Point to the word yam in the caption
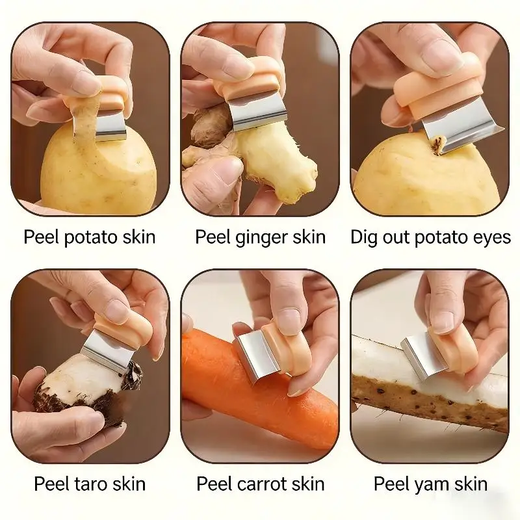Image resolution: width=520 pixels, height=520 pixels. [x=431, y=485]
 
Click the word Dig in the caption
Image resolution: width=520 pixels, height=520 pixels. [x=364, y=238]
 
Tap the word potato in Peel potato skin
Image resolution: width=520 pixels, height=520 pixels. [x=90, y=238]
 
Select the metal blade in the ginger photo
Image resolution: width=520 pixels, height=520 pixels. [x=257, y=112]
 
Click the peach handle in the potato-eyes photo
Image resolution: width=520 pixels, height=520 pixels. [x=437, y=88]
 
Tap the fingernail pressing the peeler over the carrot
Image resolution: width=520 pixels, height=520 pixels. [x=289, y=317]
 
